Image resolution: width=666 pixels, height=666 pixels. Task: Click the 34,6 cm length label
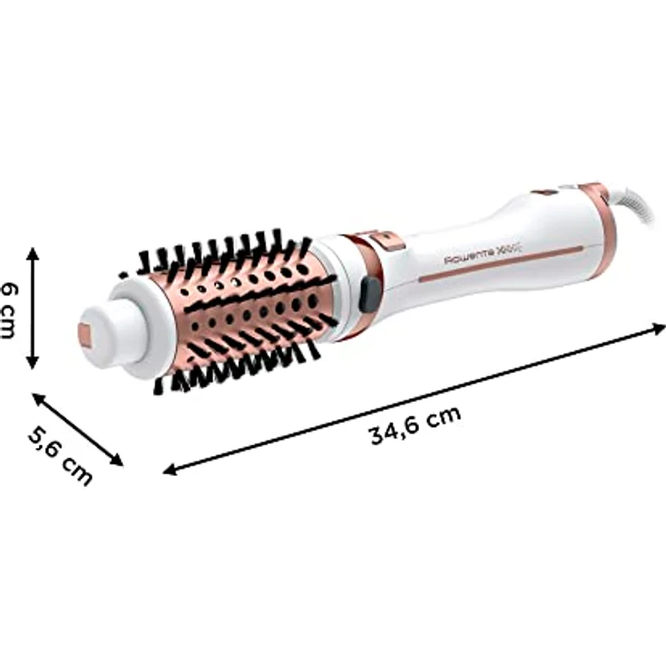tap(415, 424)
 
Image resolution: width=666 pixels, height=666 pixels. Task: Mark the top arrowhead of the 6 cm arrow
tap(33, 252)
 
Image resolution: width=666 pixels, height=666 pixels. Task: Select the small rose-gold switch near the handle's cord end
tap(545, 192)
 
